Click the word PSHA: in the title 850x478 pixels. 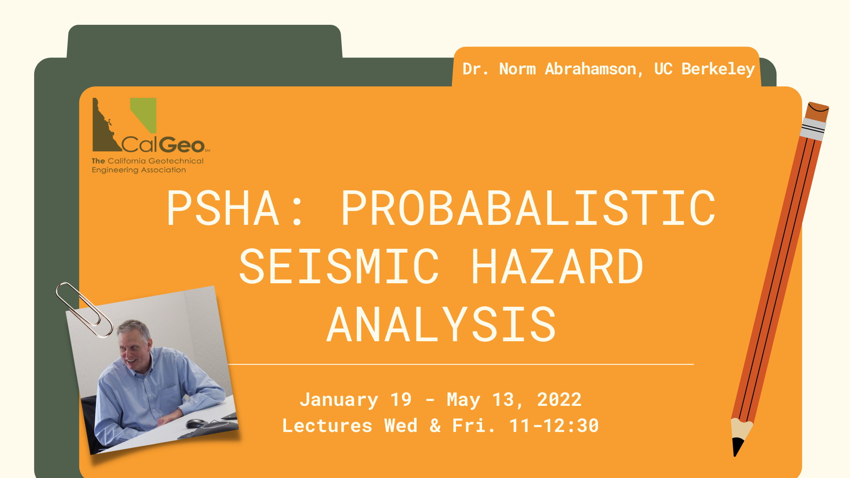pos(235,208)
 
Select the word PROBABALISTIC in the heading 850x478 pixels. pos(529,208)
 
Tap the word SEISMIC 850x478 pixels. pos(339,266)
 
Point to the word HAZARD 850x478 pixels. pos(557,266)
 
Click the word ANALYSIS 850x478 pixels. pos(441,324)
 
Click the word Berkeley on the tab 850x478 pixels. pos(718,69)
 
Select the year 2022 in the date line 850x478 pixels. pos(559,400)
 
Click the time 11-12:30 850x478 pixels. pos(554,426)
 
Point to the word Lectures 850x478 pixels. pos(327,426)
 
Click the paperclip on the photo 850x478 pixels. pos(84,309)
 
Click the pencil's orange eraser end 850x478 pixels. pos(817,112)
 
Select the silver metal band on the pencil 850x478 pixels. pos(813,129)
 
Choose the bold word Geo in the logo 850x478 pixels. pos(182,145)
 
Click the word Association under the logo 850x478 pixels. pos(163,170)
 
